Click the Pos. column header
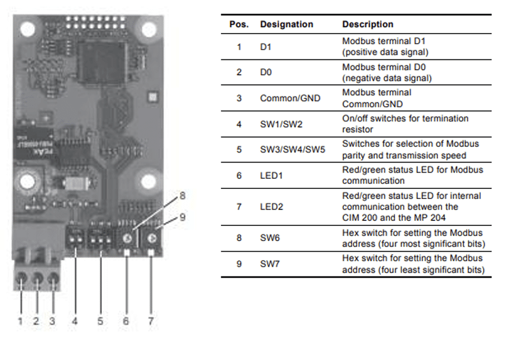point(239,25)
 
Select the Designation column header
point(286,25)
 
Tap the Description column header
point(368,25)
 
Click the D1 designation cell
point(266,47)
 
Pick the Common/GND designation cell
point(290,98)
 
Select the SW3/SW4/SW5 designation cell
point(292,150)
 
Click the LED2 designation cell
point(271,207)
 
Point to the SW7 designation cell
point(270,264)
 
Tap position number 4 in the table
point(239,124)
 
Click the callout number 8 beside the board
point(183,196)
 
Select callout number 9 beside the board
point(183,217)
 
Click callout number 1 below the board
point(21,321)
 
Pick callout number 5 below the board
point(100,321)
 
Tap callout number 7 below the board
point(151,321)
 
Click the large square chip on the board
point(102,62)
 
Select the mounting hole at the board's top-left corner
point(27,29)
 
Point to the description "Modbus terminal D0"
point(384,67)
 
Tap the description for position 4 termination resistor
point(406,124)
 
